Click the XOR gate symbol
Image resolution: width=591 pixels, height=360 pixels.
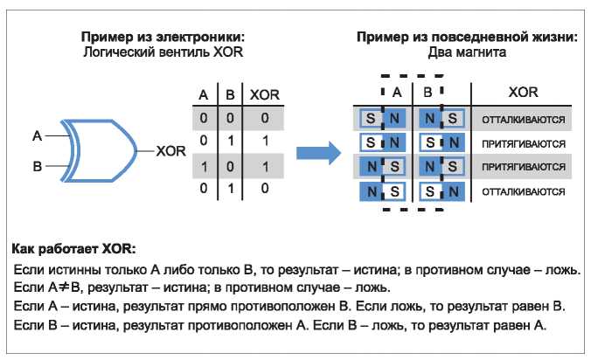pos(99,150)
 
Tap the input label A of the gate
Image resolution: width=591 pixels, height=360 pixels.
pos(37,135)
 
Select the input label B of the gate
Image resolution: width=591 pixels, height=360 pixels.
pos(37,166)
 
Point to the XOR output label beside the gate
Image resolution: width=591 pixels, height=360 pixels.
pos(170,151)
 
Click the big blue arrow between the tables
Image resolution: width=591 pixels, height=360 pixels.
pos(318,153)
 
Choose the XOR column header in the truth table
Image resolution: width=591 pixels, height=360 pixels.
pos(265,95)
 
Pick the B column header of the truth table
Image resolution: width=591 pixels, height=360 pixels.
pos(230,95)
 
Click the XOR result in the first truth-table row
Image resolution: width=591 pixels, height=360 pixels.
pos(265,118)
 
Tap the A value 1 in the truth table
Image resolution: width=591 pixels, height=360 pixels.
pos(204,166)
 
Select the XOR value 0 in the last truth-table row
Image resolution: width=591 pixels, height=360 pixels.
pos(265,188)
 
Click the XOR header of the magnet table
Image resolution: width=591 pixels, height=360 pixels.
pos(523,93)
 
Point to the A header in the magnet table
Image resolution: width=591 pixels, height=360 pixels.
pos(397,93)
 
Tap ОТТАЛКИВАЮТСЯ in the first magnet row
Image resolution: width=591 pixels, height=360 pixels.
pos(524,120)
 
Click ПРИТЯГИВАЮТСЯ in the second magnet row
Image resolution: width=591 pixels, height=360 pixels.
pos(524,143)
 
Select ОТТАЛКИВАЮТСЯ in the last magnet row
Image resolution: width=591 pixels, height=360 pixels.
pos(524,191)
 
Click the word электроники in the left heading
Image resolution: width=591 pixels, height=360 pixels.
pos(200,37)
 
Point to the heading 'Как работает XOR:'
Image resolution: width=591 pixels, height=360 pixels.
pos(73,248)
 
